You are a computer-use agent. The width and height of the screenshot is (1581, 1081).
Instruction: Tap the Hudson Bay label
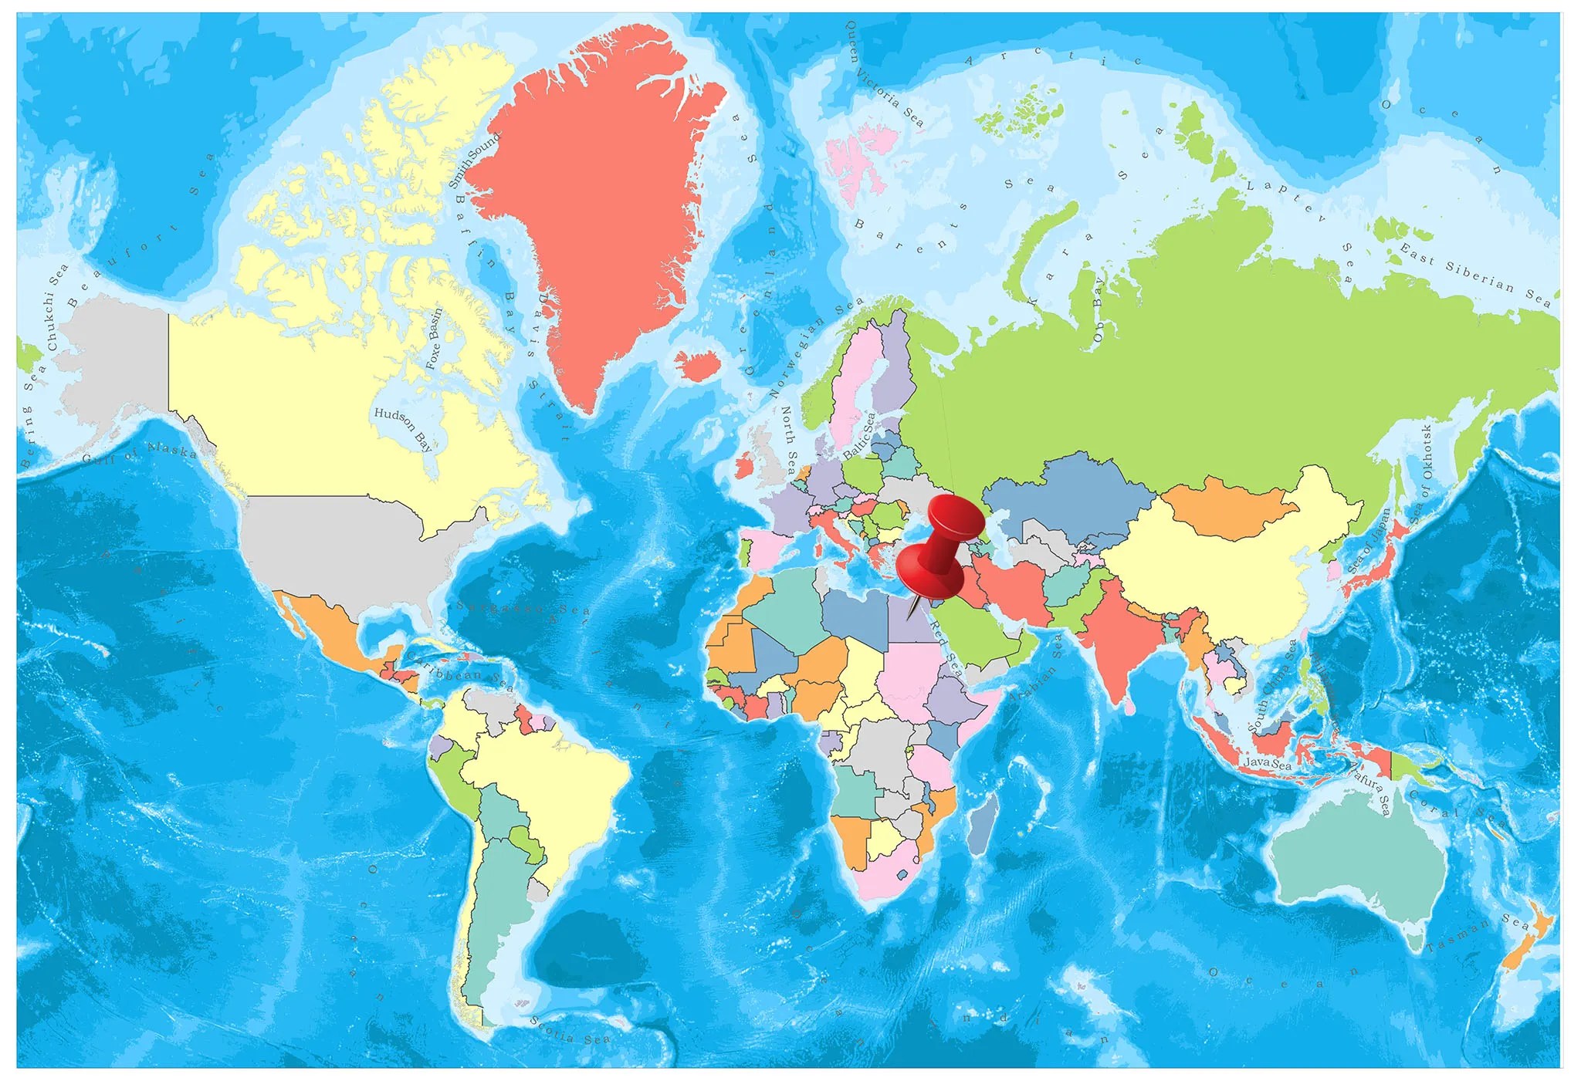403,428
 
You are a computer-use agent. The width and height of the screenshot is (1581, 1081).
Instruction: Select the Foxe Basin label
435,339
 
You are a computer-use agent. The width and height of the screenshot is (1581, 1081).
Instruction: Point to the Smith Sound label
474,160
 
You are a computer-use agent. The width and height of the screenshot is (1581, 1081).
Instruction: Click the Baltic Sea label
859,437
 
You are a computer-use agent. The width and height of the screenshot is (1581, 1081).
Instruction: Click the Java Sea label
1267,764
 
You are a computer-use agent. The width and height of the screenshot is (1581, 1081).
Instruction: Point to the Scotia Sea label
570,1031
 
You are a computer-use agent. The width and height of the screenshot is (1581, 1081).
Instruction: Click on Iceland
697,365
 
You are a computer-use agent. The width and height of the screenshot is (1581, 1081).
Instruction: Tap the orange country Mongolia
1227,506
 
